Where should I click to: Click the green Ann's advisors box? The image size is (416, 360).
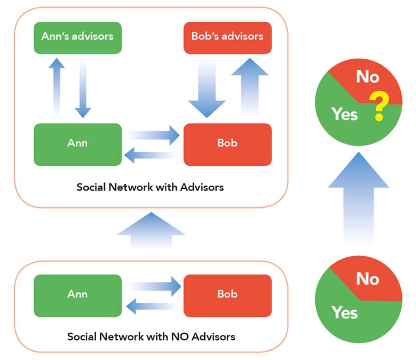pos(77,37)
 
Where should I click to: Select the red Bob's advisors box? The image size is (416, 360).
pos(227,37)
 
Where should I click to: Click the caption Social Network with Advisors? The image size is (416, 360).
pos(150,187)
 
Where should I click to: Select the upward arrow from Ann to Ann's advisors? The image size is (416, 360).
pos(56,86)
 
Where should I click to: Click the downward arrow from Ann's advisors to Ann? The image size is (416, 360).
pos(83,88)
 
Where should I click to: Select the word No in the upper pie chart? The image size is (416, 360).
pos(367,77)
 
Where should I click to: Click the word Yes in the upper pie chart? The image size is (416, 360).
pos(344,114)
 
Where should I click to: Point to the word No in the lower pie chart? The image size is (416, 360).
pos(367,279)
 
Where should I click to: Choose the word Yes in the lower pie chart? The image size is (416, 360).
pos(344,313)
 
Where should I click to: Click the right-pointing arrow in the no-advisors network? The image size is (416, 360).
pos(155,286)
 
